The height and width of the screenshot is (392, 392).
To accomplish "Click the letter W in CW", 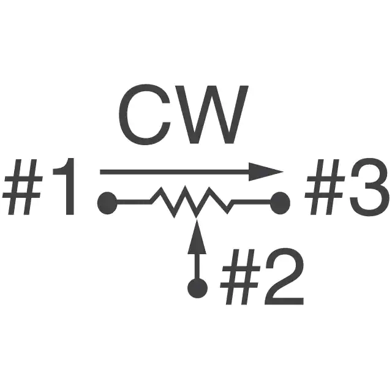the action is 209,115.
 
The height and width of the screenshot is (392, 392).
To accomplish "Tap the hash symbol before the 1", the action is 22,187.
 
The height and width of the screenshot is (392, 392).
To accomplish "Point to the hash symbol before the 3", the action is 325,187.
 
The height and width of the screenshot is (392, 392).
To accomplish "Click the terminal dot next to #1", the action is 107,203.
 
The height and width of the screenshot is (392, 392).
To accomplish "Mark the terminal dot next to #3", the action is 281,203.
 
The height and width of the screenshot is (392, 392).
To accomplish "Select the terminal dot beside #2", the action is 197,288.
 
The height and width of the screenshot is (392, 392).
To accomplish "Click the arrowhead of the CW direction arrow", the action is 266,171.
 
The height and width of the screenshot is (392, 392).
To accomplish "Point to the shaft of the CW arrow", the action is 175,171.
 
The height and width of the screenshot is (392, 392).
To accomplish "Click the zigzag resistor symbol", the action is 191,202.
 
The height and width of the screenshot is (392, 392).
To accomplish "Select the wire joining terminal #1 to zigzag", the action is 133,202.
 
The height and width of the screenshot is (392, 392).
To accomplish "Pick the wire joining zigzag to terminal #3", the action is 252,202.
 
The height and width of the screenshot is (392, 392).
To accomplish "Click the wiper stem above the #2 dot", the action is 197,266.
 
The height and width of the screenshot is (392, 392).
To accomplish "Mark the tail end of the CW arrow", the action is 100,171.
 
